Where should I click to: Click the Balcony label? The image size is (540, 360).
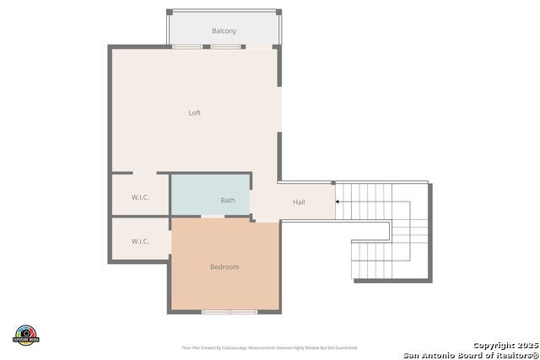224,31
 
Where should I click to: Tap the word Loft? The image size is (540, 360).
194,113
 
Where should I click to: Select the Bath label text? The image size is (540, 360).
228,201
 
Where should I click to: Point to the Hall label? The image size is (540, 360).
299,202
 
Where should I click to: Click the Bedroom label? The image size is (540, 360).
224,267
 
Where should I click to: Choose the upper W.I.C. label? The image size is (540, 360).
140,198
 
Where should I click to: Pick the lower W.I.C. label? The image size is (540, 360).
140,241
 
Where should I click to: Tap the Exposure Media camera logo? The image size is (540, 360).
26,335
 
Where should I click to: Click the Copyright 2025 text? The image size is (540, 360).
504,346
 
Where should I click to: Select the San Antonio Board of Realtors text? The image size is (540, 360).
471,355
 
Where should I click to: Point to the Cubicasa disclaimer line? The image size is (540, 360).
269,347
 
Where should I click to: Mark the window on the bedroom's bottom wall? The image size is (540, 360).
229,312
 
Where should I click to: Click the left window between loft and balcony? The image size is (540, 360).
187,46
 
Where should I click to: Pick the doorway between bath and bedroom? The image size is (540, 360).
212,217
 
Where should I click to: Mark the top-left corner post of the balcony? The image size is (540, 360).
169,12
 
